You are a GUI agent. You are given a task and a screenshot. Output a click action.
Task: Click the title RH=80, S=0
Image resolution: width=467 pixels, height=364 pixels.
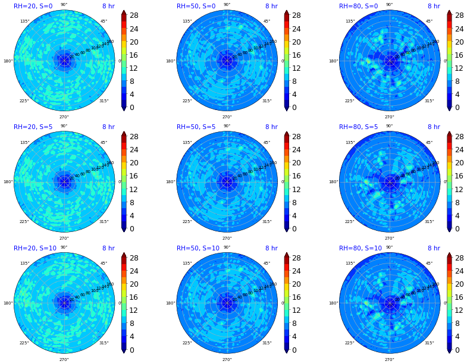[x=359, y=6]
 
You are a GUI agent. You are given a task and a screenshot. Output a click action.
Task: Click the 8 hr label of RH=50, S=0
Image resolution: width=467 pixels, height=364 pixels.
[x=271, y=6]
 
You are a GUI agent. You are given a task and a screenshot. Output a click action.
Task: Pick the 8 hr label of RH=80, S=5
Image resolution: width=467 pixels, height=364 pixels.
[x=434, y=127]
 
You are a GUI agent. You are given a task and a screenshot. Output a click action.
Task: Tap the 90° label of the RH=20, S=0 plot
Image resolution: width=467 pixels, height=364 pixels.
[x=64, y=5]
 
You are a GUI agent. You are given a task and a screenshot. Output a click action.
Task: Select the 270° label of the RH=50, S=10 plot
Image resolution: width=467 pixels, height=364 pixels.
[x=227, y=360]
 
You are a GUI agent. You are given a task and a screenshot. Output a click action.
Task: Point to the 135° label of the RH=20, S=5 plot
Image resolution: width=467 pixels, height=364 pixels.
[x=25, y=143]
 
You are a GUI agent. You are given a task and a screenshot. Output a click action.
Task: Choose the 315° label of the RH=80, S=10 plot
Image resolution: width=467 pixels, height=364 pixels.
[x=429, y=343]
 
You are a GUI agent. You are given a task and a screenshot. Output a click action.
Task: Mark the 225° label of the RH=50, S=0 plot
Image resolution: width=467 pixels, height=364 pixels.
[x=187, y=101]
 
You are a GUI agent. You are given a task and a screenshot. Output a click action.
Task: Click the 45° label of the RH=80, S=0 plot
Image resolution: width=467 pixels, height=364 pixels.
[x=429, y=21]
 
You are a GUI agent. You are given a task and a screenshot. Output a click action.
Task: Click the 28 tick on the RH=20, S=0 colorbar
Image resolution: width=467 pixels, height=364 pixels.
[x=133, y=15]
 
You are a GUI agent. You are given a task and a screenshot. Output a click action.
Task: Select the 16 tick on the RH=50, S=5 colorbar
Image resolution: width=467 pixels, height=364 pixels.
[x=296, y=176]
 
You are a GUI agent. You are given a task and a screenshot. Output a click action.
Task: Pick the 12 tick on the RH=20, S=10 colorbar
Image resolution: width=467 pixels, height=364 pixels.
[x=133, y=310]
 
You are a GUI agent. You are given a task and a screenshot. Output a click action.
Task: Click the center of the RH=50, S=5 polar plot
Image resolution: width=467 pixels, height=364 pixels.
[x=227, y=182]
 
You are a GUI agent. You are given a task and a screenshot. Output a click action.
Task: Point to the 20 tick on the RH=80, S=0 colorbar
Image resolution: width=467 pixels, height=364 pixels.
[x=458, y=42]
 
